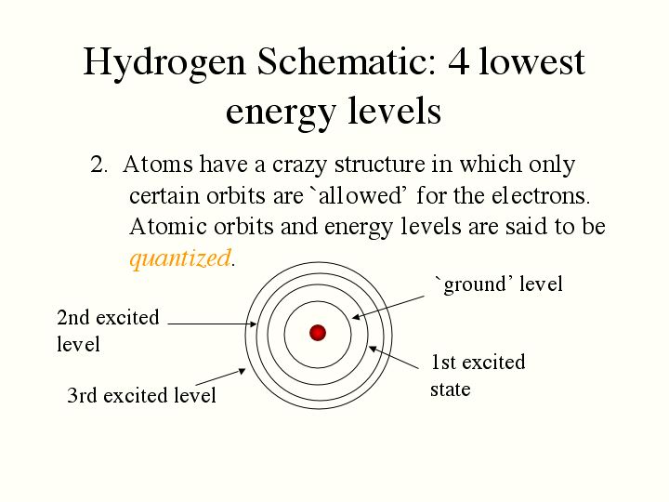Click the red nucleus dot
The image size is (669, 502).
[x=318, y=333]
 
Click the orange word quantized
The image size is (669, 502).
[x=180, y=258]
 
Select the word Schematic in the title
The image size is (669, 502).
[x=346, y=62]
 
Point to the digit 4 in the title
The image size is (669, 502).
[x=459, y=62]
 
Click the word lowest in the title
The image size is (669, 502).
[x=531, y=62]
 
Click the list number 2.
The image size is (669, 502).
[x=98, y=165]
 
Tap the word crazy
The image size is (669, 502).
[x=299, y=165]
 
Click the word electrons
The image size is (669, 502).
[x=541, y=196]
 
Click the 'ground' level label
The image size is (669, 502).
[x=498, y=284]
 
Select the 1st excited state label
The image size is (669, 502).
[x=478, y=376]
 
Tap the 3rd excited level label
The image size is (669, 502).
[x=141, y=395]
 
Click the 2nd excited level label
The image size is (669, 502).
[x=108, y=331]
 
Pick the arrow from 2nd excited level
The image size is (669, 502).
[x=212, y=324]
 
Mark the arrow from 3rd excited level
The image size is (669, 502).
[x=220, y=376]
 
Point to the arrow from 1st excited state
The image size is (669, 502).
[x=393, y=357]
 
